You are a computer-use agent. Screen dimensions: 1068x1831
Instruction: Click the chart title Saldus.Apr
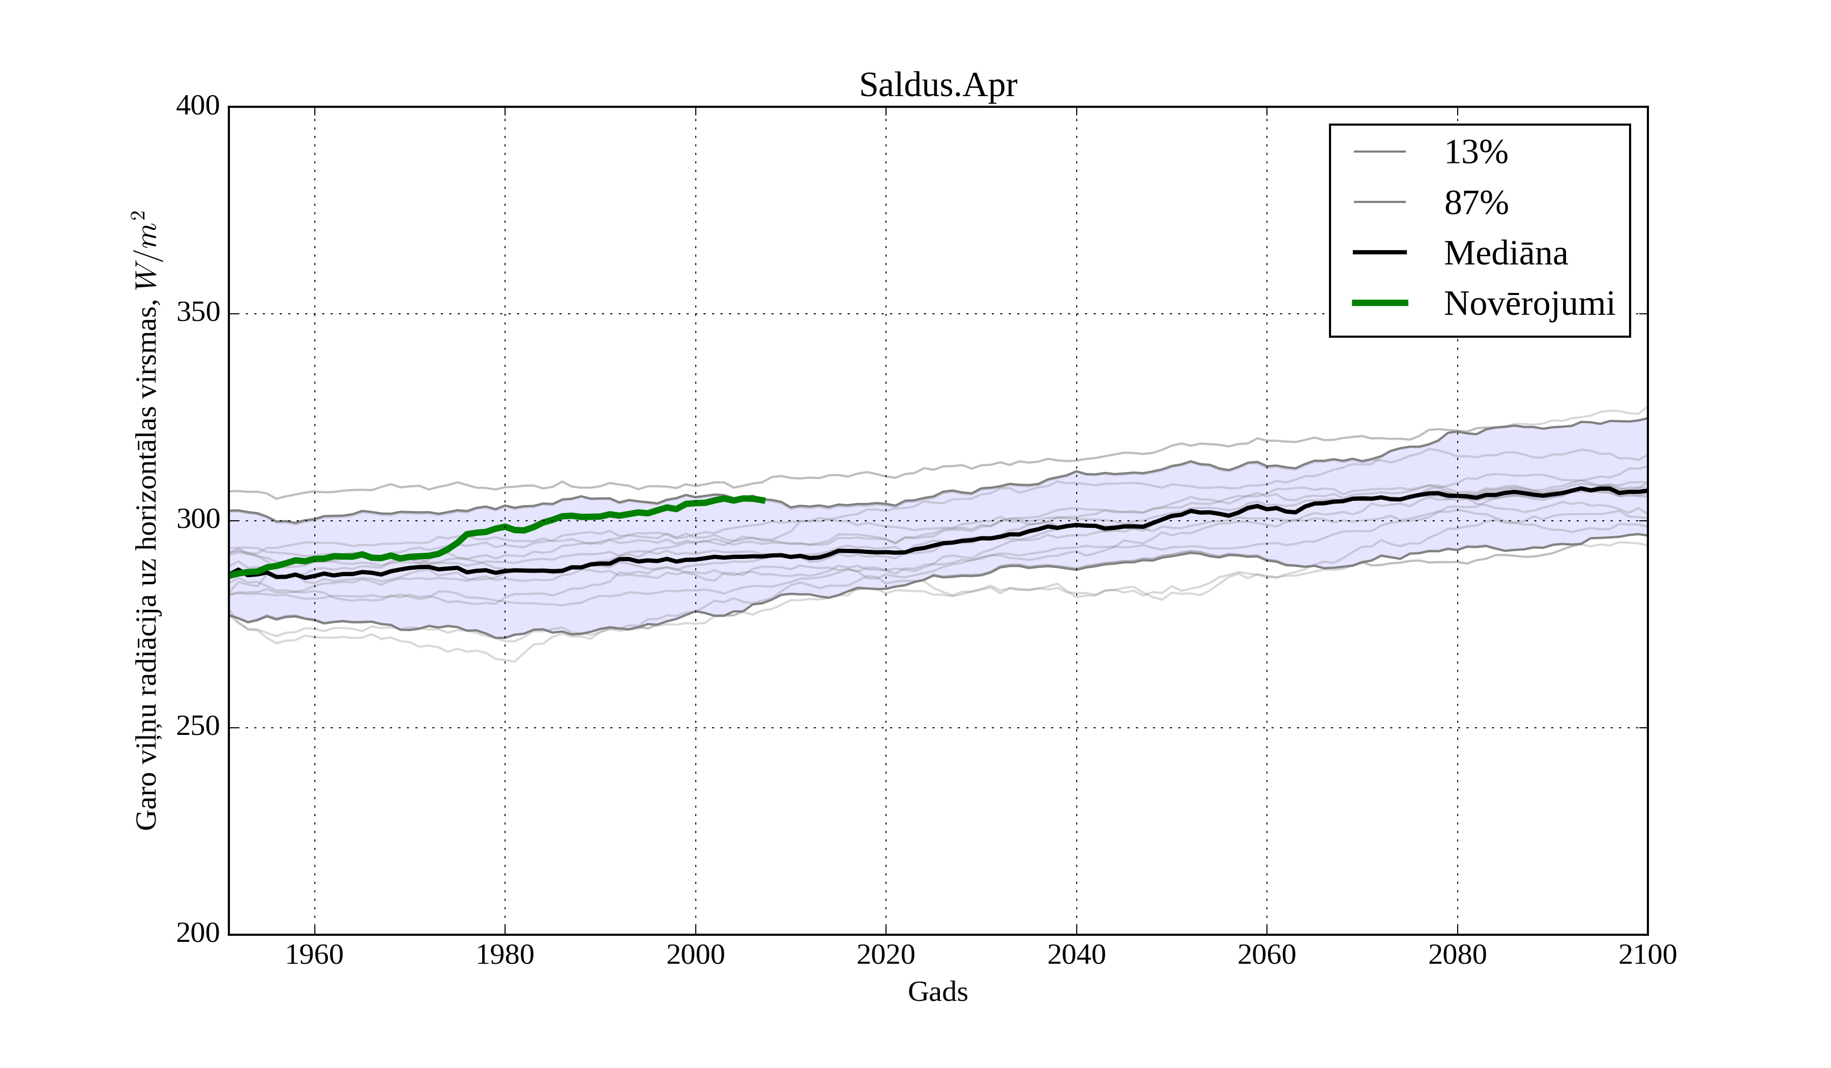[x=938, y=86]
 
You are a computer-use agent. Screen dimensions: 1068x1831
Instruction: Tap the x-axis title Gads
[x=937, y=992]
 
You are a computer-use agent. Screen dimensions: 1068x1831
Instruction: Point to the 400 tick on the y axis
[x=198, y=106]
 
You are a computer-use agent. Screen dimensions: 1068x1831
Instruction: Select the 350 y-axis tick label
[x=198, y=313]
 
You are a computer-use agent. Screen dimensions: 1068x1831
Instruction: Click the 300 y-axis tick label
[x=198, y=520]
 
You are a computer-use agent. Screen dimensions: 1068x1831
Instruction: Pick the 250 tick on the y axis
[x=198, y=727]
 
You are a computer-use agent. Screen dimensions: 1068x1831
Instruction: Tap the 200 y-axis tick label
[x=198, y=934]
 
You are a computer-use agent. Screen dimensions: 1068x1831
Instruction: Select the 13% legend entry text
[x=1475, y=153]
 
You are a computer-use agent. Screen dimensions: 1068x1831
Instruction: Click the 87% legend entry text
[x=1475, y=203]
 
